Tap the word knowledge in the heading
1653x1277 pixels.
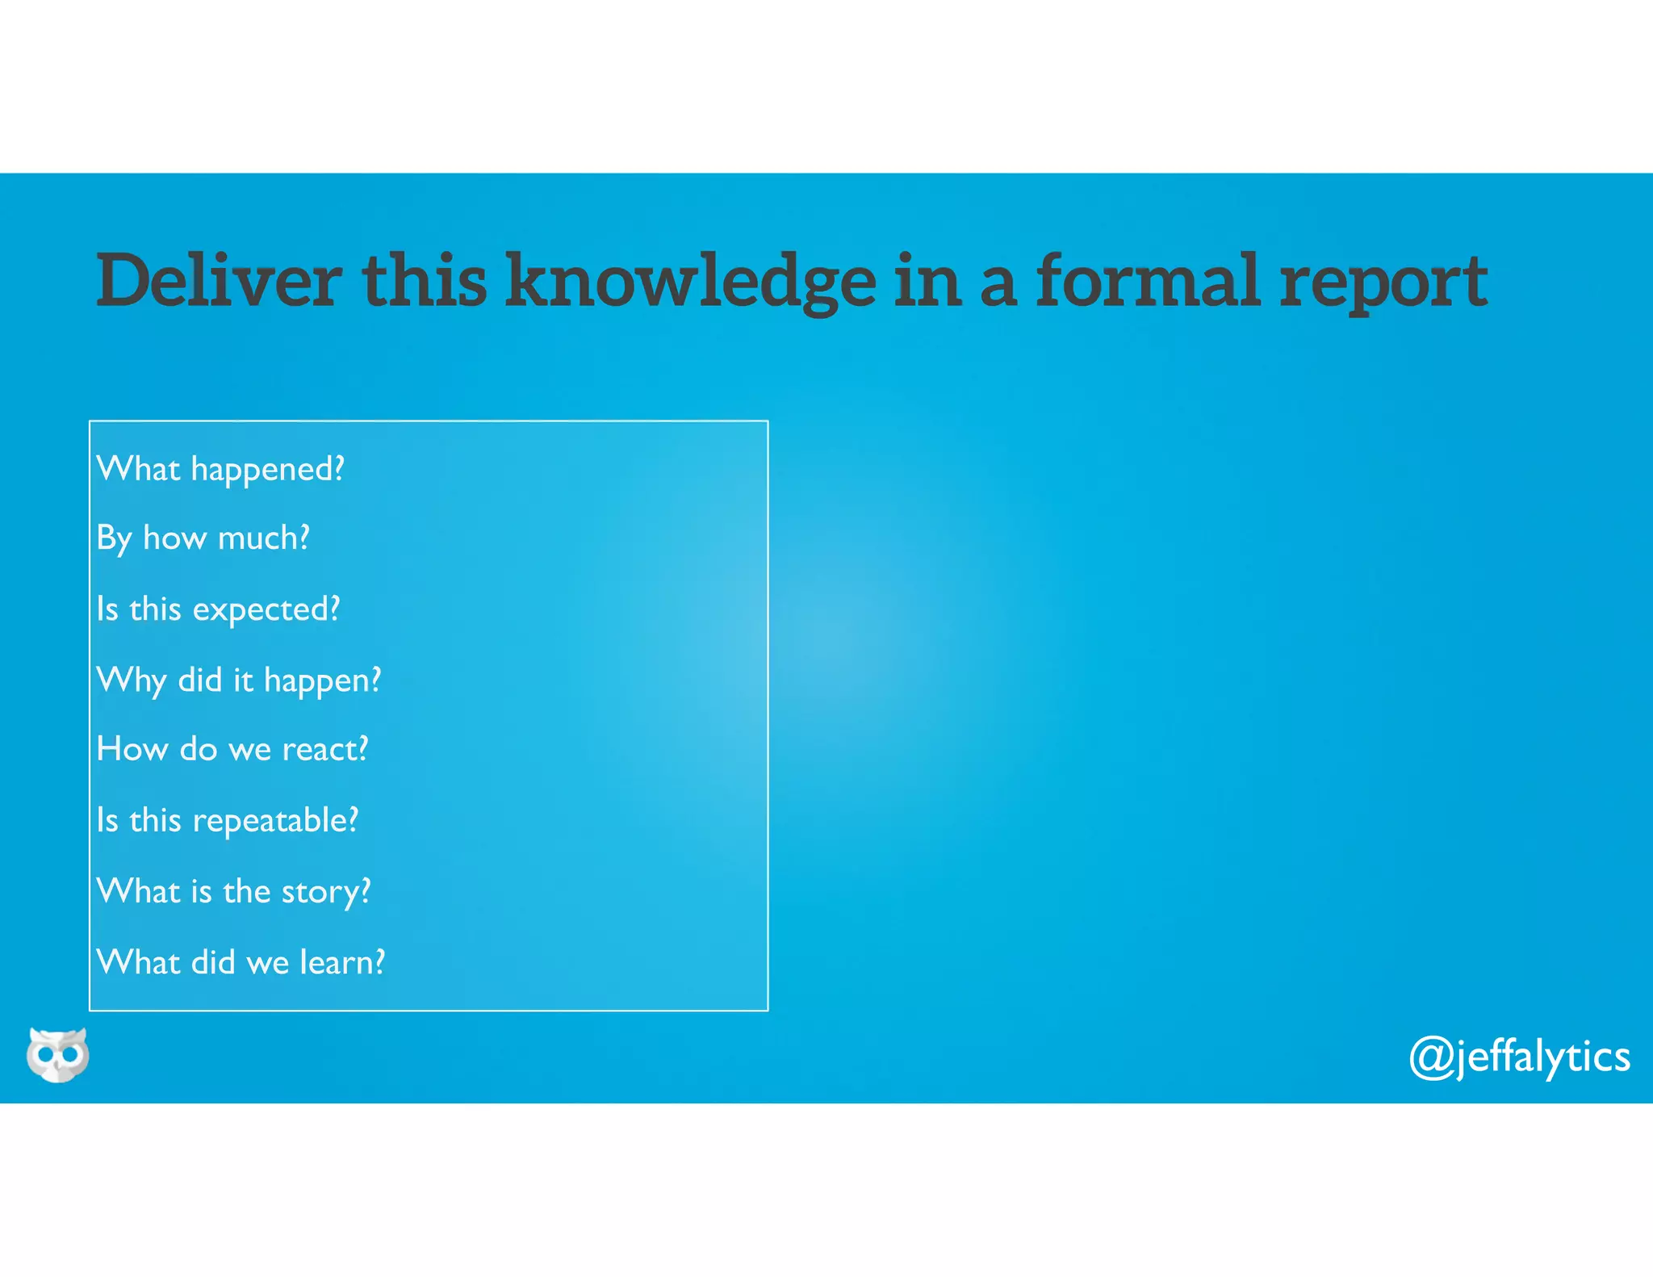click(x=691, y=281)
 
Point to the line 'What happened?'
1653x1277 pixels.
click(x=220, y=469)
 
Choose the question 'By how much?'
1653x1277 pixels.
click(x=203, y=538)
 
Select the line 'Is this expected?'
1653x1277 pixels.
click(x=218, y=609)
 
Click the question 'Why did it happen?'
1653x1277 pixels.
click(x=238, y=680)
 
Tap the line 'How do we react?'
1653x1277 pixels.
click(x=232, y=749)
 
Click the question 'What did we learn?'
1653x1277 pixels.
click(x=241, y=962)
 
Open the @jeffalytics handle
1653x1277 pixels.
click(x=1519, y=1057)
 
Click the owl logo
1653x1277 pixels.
click(x=57, y=1055)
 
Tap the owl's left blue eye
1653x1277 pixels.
click(x=46, y=1054)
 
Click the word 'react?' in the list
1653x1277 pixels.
click(x=324, y=749)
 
